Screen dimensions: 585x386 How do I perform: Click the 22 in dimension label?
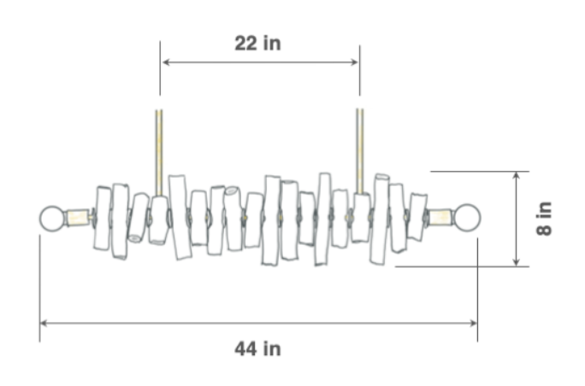click(257, 44)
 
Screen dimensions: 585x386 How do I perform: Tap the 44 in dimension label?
click(257, 349)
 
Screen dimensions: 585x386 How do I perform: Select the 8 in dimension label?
click(544, 219)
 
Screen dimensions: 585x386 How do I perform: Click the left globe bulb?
click(52, 219)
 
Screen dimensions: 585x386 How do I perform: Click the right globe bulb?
click(467, 217)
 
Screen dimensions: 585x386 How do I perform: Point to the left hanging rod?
click(159, 153)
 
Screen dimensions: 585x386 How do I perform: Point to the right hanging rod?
click(360, 151)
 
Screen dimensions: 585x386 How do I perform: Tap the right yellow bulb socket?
click(440, 217)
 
